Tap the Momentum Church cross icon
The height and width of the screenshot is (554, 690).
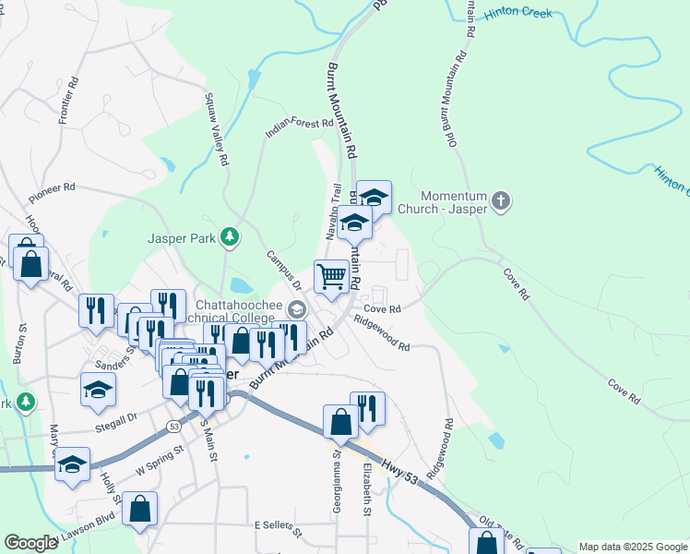click(x=501, y=200)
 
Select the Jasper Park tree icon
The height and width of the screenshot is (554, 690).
click(x=230, y=238)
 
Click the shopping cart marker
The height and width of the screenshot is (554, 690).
click(x=331, y=275)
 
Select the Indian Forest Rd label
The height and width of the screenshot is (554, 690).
click(x=299, y=127)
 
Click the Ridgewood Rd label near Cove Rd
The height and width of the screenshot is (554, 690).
click(x=381, y=335)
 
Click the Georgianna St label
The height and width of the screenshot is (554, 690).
click(x=337, y=482)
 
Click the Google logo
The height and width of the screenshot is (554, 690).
click(x=31, y=543)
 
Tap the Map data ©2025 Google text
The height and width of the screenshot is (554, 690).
click(x=632, y=547)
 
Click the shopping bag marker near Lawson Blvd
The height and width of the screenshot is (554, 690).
click(x=139, y=509)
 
